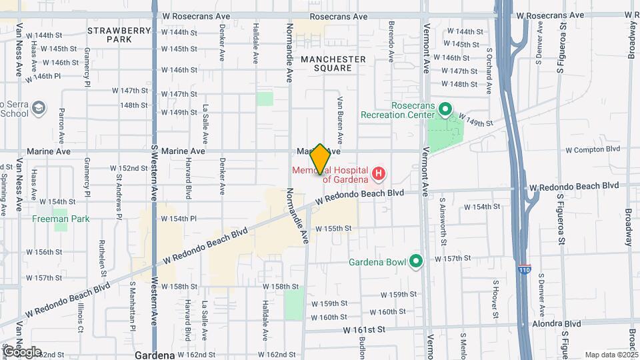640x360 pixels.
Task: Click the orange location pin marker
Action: click(x=320, y=159)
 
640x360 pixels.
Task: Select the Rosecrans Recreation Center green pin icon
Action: click(x=446, y=108)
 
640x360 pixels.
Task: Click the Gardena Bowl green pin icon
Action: click(x=417, y=261)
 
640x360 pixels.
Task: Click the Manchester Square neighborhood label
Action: click(x=333, y=63)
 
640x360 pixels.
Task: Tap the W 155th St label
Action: click(x=333, y=229)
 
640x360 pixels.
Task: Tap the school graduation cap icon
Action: click(x=39, y=108)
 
